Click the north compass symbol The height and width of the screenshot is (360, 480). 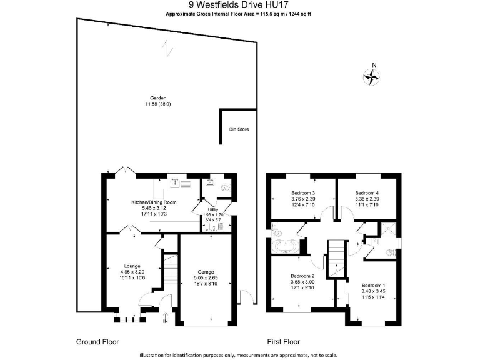pyautogui.click(x=372, y=76)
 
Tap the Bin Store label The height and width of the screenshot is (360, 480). pyautogui.click(x=239, y=129)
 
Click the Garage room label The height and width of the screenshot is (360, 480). pyautogui.click(x=206, y=272)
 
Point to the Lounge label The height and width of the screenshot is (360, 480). pyautogui.click(x=132, y=266)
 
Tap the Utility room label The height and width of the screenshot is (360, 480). pyautogui.click(x=213, y=209)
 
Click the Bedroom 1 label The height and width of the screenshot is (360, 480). pyautogui.click(x=375, y=286)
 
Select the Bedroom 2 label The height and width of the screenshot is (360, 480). pyautogui.click(x=302, y=276)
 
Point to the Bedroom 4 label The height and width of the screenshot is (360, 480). pyautogui.click(x=367, y=193)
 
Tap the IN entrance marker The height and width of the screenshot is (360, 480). pyautogui.click(x=166, y=321)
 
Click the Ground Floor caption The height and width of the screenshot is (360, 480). pyautogui.click(x=97, y=342)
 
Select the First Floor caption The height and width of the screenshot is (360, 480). pyautogui.click(x=284, y=342)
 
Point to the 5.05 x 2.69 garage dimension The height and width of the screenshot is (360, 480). pyautogui.click(x=206, y=278)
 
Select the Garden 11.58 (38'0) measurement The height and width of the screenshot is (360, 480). pyautogui.click(x=157, y=104)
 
